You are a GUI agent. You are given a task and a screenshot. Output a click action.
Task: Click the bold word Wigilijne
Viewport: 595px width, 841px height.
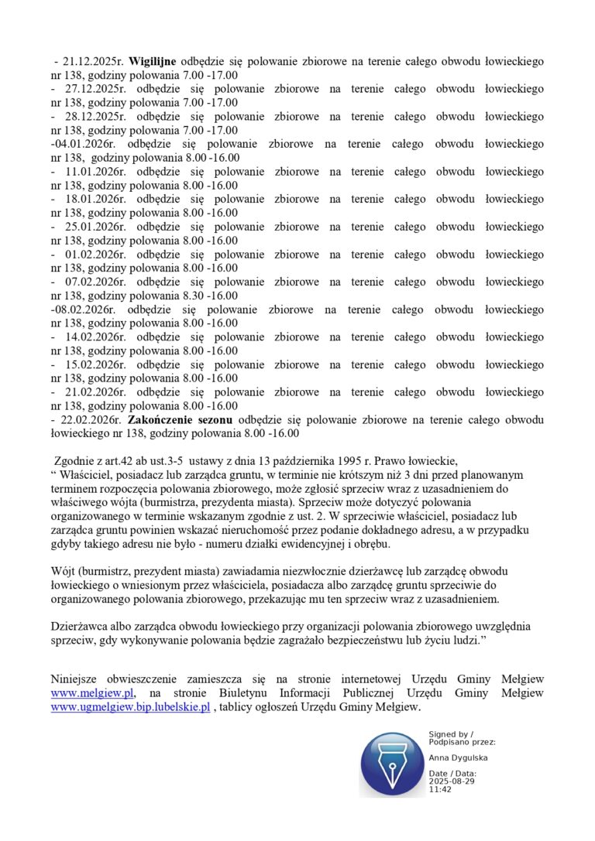(x=153, y=61)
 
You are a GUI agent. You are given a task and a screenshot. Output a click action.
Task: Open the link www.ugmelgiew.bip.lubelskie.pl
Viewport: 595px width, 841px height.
(x=130, y=707)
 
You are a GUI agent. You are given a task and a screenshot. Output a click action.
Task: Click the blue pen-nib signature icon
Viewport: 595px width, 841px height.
(x=391, y=764)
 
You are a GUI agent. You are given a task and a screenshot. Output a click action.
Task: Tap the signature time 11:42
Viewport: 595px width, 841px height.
(x=440, y=790)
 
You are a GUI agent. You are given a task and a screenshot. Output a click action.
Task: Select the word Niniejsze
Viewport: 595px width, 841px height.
(x=76, y=679)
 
